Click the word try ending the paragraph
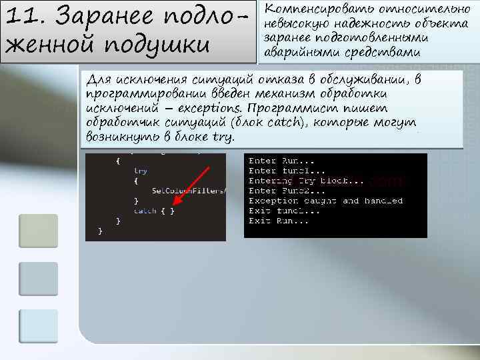pyautogui.click(x=222, y=137)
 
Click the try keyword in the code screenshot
pyautogui.click(x=141, y=171)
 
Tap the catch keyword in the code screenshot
pyautogui.click(x=145, y=211)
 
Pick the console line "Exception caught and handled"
pyautogui.click(x=325, y=201)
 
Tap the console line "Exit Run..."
pyautogui.click(x=279, y=221)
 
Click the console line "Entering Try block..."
pyautogui.click(x=306, y=181)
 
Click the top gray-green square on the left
pyautogui.click(x=38, y=231)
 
